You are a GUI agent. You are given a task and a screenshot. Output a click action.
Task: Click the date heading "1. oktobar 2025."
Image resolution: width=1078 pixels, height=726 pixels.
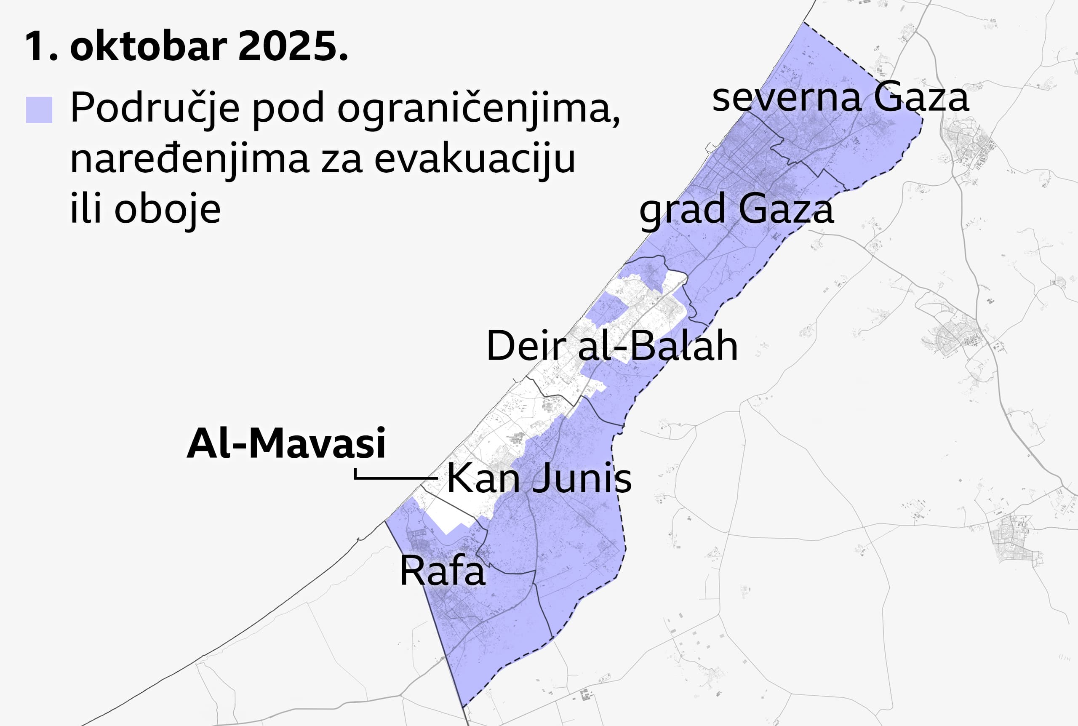coord(186,46)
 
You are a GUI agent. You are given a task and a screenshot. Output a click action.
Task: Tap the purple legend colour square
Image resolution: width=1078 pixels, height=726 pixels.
coord(39,110)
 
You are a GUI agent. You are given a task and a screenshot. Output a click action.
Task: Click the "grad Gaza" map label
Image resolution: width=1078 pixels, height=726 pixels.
coord(736,209)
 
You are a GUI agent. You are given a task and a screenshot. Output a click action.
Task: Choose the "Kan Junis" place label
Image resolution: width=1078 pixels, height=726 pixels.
coord(539,478)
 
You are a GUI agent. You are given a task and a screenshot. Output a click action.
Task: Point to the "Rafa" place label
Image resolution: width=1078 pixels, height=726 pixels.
coord(442,571)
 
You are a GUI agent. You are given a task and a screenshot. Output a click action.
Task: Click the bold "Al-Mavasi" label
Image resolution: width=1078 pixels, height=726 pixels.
coord(286,443)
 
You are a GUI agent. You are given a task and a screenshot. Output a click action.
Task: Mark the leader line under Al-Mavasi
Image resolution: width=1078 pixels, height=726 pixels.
coord(396,477)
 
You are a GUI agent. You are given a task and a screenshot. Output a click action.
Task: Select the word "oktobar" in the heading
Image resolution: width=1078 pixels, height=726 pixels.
coord(149,46)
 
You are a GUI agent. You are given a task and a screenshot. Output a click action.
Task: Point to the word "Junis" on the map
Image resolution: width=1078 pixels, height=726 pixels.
coord(582,478)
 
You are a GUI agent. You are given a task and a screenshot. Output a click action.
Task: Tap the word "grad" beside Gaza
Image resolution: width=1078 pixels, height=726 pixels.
coord(683,209)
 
